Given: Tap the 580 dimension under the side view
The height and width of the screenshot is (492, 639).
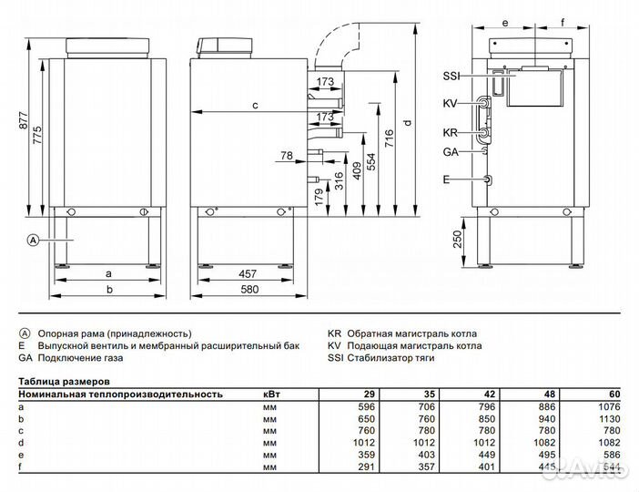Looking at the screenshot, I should pos(246,290).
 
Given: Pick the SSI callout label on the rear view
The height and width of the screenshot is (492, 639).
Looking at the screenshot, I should pos(452,76).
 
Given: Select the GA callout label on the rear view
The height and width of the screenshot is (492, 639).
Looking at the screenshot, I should pos(451,153).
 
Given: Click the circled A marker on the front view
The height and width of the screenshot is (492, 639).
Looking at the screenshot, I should pos(33,241).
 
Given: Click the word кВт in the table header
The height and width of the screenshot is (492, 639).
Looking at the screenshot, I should pos(271,395).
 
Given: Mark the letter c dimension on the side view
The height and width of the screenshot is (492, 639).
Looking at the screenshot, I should pos(256,106).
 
